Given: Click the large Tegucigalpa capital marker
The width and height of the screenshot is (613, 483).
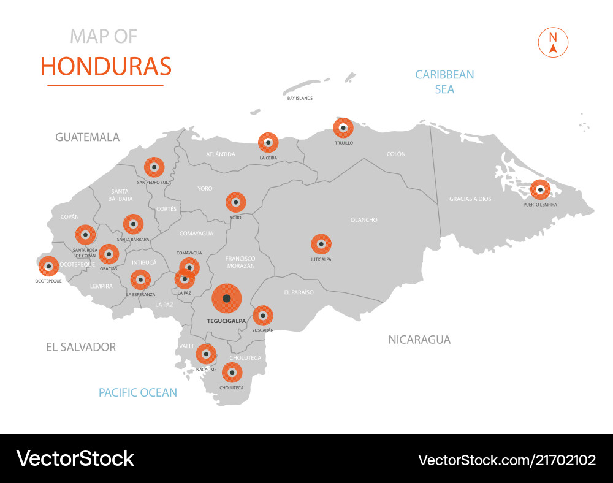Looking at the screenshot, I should click(x=226, y=299).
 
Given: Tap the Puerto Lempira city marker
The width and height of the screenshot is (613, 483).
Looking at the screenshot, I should click(x=540, y=189).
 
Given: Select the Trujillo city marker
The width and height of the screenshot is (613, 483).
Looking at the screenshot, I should click(x=343, y=128).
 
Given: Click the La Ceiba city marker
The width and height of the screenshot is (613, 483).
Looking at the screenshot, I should click(x=268, y=143).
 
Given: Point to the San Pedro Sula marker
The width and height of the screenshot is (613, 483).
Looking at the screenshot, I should click(x=154, y=167).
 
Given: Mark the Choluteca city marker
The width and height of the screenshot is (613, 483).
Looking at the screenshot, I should click(x=232, y=372).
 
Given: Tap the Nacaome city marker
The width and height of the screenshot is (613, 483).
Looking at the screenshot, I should click(x=206, y=354).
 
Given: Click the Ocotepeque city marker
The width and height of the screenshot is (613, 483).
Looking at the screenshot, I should click(x=48, y=267).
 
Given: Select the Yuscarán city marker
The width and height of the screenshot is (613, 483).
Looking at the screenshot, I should click(x=263, y=316).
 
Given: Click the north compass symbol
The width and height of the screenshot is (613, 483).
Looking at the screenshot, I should click(x=553, y=42).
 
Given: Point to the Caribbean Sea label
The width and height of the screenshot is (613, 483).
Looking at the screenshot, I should click(x=444, y=82).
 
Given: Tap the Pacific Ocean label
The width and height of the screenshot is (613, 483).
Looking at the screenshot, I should click(x=138, y=392).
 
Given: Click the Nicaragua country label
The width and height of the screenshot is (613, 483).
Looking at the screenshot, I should click(x=419, y=340).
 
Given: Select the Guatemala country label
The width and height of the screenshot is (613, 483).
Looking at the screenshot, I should click(x=88, y=137).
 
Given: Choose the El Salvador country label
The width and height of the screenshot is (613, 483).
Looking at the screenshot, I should click(x=81, y=347).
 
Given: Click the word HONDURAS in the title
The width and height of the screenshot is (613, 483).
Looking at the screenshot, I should click(x=106, y=66).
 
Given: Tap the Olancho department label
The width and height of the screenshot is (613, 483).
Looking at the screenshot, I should click(x=364, y=220).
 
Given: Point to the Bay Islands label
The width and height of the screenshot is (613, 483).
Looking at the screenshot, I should click(x=300, y=98).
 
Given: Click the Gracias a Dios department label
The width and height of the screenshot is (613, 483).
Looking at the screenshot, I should click(x=470, y=199).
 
